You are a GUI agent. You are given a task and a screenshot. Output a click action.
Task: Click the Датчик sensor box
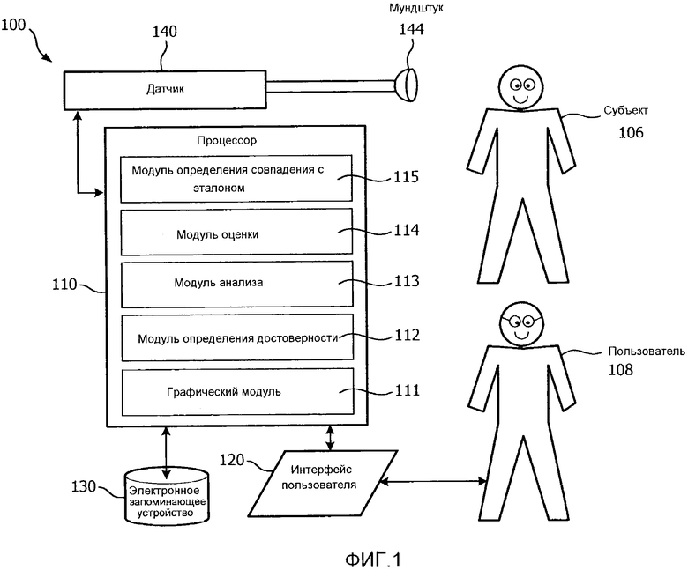(166, 88)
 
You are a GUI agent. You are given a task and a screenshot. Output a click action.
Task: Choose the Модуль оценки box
(236, 233)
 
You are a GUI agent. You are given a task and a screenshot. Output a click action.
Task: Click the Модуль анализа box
(236, 284)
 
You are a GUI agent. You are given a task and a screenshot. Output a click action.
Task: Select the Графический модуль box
(236, 390)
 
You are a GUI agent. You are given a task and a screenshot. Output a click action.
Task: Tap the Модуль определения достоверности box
(236, 337)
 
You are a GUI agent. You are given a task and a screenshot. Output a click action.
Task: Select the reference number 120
(232, 460)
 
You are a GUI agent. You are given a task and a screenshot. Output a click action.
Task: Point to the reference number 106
(631, 133)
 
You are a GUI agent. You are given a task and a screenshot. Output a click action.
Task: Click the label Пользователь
(645, 352)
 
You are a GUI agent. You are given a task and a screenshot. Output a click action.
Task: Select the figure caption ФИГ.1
(372, 559)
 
